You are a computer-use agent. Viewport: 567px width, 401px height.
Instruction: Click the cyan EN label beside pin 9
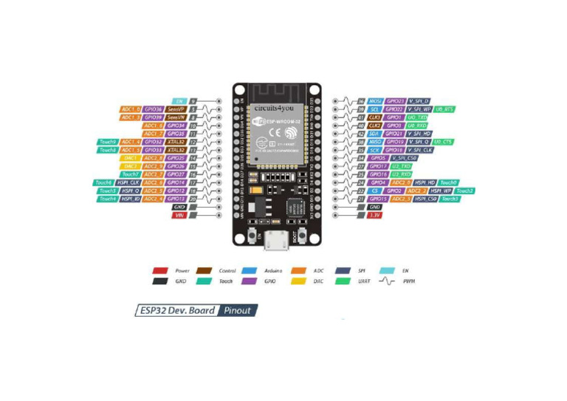tap(179, 100)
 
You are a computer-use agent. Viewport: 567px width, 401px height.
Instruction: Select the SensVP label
tap(176, 109)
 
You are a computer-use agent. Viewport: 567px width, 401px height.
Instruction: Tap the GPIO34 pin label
tap(175, 125)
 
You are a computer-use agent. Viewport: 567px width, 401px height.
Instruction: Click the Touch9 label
tap(107, 141)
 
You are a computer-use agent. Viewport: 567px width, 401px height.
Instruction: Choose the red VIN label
tap(179, 215)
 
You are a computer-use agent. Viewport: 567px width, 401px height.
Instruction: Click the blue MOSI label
tap(376, 100)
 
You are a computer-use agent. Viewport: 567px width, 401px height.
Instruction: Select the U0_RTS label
tap(444, 109)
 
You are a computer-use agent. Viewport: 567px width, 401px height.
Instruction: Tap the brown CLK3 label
tap(375, 117)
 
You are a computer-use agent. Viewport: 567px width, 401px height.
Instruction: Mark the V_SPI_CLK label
tap(418, 149)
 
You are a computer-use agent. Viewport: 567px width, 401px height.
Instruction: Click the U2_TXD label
tap(402, 166)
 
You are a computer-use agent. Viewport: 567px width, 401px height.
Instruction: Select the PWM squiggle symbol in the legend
tap(385, 281)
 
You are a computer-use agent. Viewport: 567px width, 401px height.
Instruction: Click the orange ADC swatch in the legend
tap(299, 271)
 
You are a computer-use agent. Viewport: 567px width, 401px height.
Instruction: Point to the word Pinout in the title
tap(238, 310)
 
